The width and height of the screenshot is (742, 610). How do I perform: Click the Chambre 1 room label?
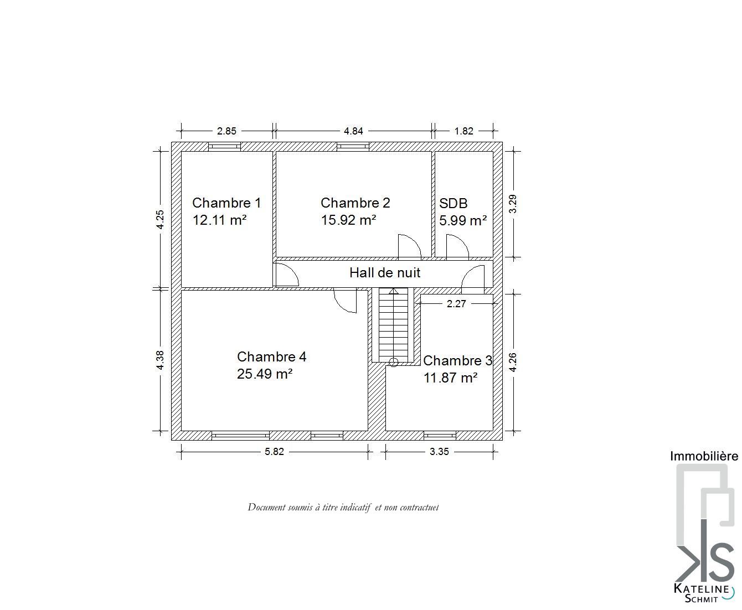[x=226, y=203]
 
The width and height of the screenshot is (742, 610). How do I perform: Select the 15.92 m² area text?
[x=348, y=220]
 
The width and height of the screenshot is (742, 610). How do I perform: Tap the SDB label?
[x=453, y=203]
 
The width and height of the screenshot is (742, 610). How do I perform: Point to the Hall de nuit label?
[x=385, y=273]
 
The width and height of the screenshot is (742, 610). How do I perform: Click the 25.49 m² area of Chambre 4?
[x=265, y=374]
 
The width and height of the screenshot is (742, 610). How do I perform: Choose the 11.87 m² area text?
[x=450, y=378]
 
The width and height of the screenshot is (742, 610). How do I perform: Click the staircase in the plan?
[x=393, y=325]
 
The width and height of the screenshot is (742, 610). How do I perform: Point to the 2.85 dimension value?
[x=226, y=131]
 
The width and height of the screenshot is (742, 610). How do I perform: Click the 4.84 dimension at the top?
[x=353, y=131]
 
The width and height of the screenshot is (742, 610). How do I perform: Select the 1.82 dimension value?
[x=463, y=131]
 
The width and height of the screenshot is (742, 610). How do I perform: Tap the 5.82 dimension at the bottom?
[x=274, y=452]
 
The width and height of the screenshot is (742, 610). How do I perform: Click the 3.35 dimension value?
[x=439, y=452]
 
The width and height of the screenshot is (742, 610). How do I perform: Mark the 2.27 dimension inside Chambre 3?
[x=456, y=303]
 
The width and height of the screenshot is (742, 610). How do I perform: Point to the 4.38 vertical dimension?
[x=159, y=360]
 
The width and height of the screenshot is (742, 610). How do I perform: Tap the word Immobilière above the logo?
[x=704, y=456]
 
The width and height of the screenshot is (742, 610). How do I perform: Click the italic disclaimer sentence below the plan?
[x=343, y=507]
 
